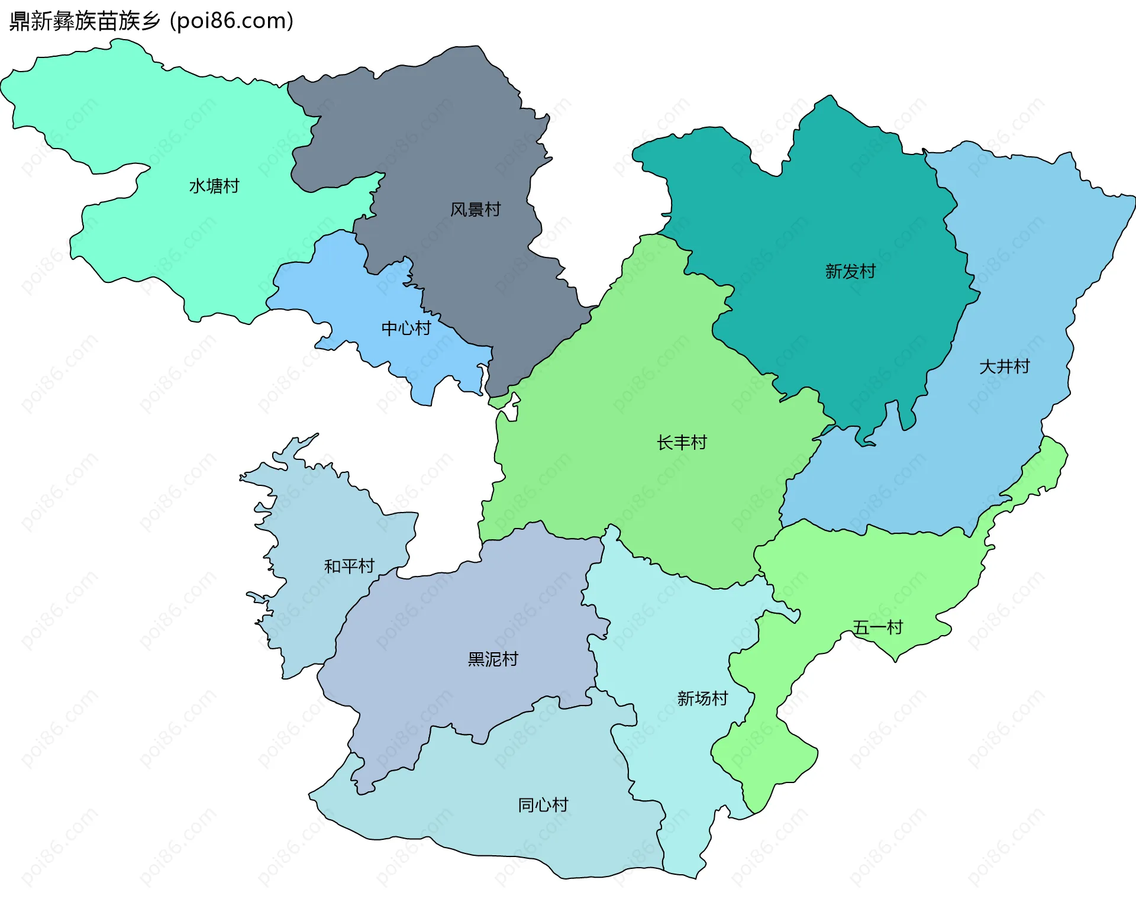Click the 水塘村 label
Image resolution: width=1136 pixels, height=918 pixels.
click(214, 186)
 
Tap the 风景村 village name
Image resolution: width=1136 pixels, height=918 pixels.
click(475, 210)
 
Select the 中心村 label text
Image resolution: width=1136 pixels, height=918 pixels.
click(406, 328)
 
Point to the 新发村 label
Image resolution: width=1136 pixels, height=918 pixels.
click(850, 272)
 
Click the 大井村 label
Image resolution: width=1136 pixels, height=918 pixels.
click(1004, 367)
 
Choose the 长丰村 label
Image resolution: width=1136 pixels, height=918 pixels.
click(682, 443)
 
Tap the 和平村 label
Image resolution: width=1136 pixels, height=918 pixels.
click(349, 566)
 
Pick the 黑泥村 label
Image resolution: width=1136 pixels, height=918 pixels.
click(493, 659)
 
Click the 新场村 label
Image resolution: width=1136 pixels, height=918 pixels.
click(702, 699)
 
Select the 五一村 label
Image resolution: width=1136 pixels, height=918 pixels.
click(877, 627)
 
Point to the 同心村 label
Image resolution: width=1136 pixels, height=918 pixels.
click(543, 805)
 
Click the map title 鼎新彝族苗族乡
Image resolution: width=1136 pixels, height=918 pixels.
click(85, 21)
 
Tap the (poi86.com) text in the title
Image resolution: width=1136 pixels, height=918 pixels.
click(232, 21)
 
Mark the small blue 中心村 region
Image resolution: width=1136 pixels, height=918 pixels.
click(331, 284)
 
